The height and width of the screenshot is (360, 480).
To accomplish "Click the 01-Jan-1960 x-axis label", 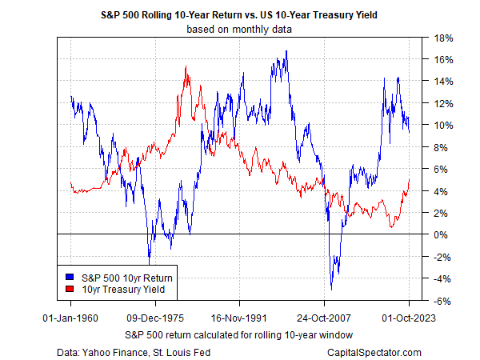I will pos(70,317).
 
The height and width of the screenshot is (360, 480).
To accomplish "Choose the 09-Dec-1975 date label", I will pos(155,317).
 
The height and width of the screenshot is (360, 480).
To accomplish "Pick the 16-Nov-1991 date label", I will pos(240,317).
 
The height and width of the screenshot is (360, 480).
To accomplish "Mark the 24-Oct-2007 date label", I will pos(324,317).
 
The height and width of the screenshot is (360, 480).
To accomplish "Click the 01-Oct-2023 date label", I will pos(409,317).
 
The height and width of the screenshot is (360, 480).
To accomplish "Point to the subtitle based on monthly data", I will pos(240,30).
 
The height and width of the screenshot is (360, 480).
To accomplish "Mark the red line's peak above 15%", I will pos(186,67).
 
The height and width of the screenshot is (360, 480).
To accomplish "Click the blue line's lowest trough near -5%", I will pos(331,289).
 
